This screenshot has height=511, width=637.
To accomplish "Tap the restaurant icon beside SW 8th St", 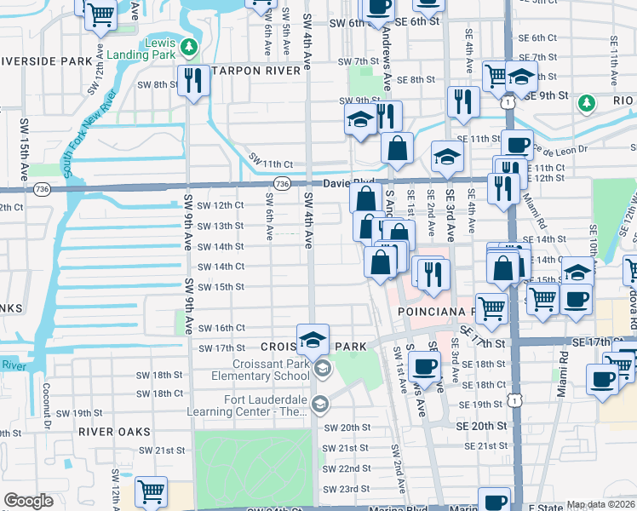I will coord(196,81).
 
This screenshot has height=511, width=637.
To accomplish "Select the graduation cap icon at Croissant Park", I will coord(313,339).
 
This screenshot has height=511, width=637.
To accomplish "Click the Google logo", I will coord(28,501).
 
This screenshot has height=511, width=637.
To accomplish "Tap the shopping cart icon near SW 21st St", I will coord(150,491).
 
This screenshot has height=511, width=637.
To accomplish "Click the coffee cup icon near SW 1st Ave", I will coord(423,367).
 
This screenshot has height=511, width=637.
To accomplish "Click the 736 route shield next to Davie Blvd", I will coord(284,183).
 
